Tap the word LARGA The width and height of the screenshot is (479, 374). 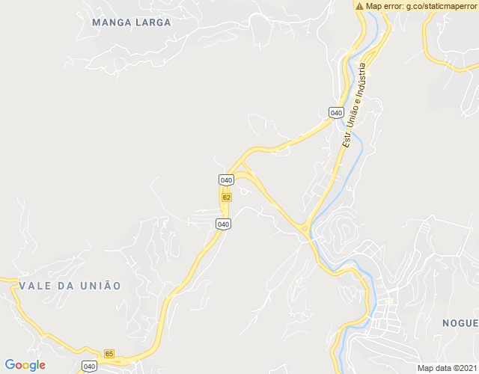(x=153, y=22)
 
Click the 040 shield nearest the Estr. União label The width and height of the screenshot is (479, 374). (x=336, y=113)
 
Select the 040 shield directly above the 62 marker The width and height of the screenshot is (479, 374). (x=226, y=180)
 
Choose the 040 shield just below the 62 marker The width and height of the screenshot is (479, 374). (x=223, y=224)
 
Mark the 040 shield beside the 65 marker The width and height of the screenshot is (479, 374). (x=90, y=366)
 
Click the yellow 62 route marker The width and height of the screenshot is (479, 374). (x=226, y=197)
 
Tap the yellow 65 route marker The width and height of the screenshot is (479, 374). (x=109, y=354)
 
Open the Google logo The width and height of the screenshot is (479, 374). (x=25, y=365)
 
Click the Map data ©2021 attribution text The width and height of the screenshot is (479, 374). (x=445, y=368)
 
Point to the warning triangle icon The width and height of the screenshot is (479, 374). (x=360, y=6)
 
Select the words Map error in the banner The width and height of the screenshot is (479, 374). (x=383, y=6)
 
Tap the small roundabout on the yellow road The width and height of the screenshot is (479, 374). (x=305, y=228)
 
